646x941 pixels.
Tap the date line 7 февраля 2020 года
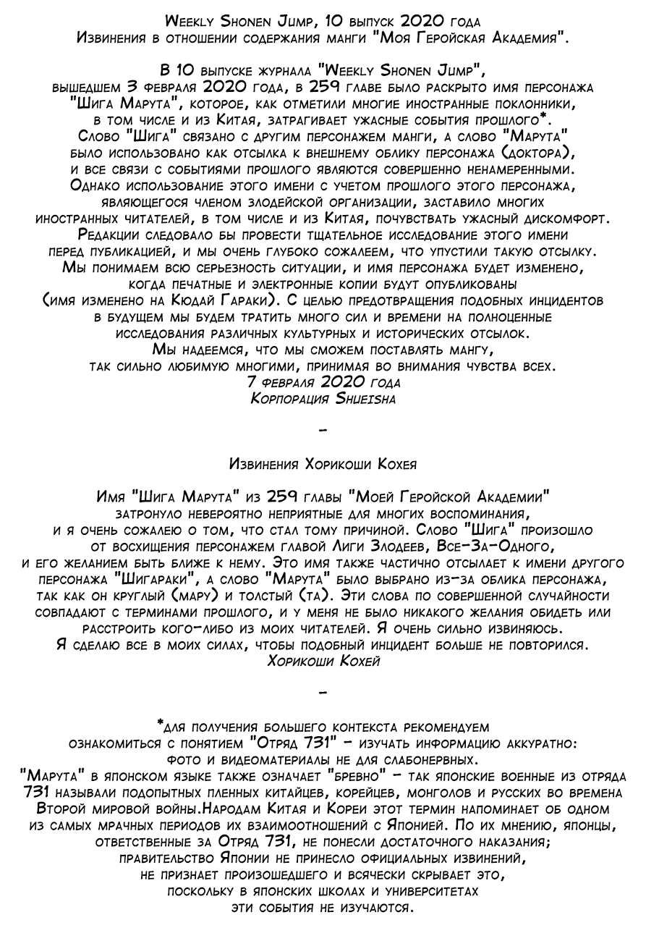tap(323, 383)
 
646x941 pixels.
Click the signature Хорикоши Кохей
tap(323, 661)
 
